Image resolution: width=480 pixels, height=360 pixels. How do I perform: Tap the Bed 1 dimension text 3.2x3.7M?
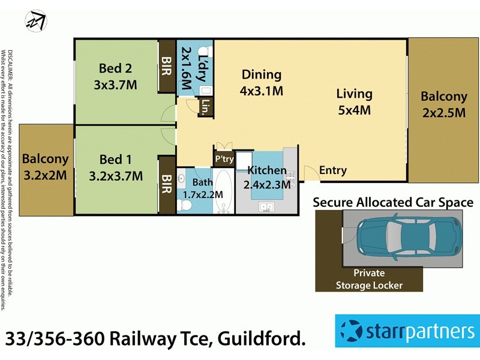pyautogui.click(x=115, y=176)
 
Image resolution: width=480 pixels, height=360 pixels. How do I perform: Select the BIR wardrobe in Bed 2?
pyautogui.click(x=166, y=68)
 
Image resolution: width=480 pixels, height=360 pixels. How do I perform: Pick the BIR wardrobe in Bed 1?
pyautogui.click(x=166, y=185)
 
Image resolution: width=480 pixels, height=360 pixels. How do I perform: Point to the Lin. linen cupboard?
pyautogui.click(x=205, y=108)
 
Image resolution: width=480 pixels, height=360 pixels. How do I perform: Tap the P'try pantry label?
pyautogui.click(x=223, y=159)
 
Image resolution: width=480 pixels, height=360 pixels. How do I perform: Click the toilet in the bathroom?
pyautogui.click(x=185, y=205)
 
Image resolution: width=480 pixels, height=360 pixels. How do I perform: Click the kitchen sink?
pyautogui.click(x=265, y=207)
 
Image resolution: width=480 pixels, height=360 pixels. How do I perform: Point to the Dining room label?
pyautogui.click(x=262, y=75)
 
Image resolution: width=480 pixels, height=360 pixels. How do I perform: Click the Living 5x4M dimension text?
pyautogui.click(x=354, y=110)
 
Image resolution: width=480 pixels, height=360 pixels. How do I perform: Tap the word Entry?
pyautogui.click(x=332, y=170)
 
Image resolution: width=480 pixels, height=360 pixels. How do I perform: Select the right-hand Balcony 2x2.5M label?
pyautogui.click(x=443, y=104)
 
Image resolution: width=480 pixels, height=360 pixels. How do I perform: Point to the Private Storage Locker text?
pyautogui.click(x=369, y=279)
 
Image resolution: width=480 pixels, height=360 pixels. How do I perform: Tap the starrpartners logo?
pyautogui.click(x=407, y=331)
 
